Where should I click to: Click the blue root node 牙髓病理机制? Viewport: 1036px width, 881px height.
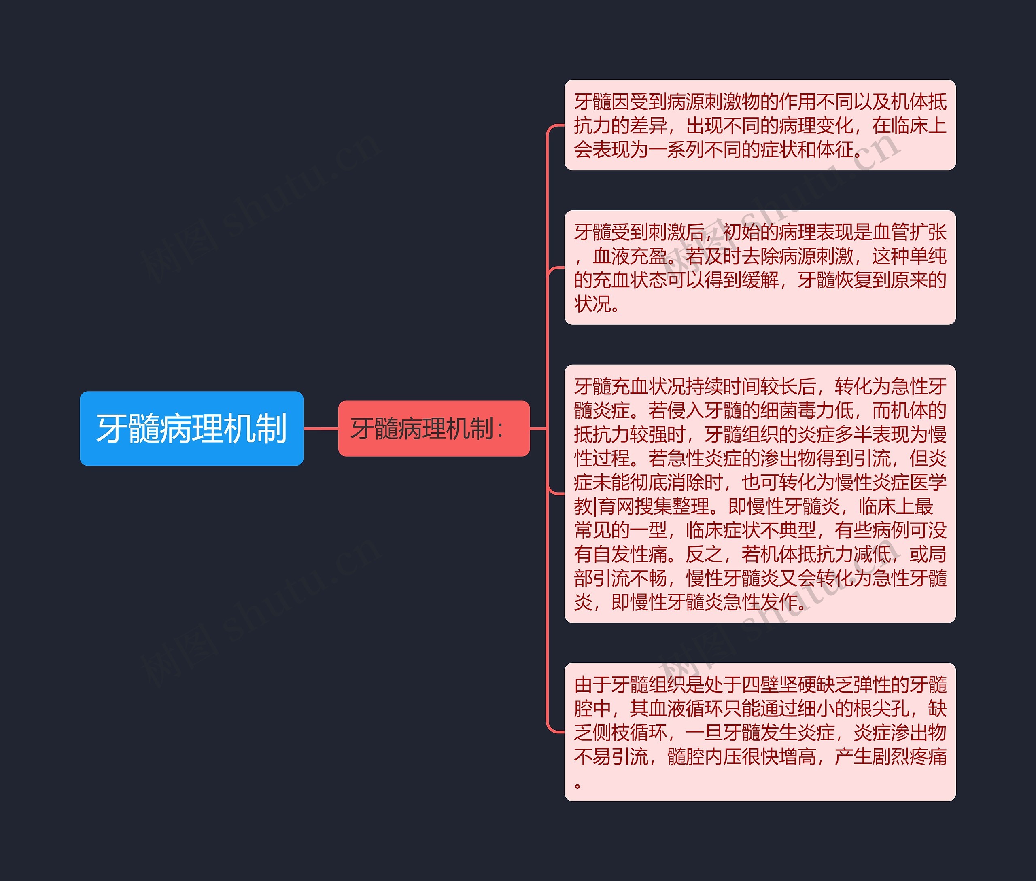[191, 428]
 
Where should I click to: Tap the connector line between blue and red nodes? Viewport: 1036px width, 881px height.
[321, 428]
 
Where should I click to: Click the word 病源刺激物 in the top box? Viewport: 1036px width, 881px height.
[722, 102]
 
